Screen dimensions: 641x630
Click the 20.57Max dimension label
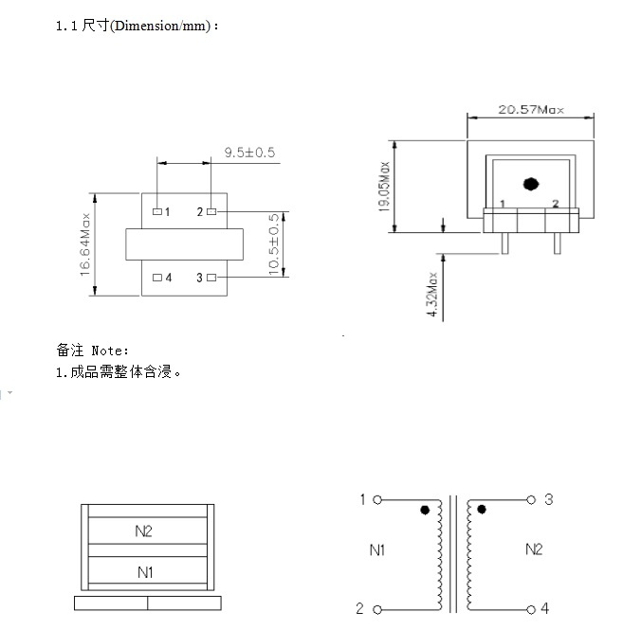click(x=531, y=110)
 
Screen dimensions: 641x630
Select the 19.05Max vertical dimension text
click(x=384, y=187)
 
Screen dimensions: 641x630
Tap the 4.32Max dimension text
click(x=431, y=295)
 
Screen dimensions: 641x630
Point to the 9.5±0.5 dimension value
click(x=249, y=153)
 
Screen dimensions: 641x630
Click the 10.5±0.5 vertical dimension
click(x=273, y=243)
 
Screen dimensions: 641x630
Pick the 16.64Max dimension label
click(x=84, y=244)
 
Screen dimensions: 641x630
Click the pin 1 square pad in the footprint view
click(x=157, y=211)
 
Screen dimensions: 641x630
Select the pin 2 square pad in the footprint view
click(x=211, y=211)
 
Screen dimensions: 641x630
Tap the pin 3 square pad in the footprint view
click(x=211, y=278)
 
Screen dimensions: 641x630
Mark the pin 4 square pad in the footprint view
click(x=157, y=278)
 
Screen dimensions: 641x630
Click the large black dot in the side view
click(x=531, y=184)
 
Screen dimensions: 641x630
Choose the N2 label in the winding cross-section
click(x=143, y=531)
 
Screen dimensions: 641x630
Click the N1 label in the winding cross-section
click(x=145, y=572)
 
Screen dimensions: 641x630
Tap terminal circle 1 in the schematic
click(x=377, y=499)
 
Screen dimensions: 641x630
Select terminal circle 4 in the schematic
click(x=531, y=610)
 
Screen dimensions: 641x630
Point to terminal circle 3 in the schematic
click(x=531, y=499)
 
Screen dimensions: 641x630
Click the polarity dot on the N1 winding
click(x=425, y=510)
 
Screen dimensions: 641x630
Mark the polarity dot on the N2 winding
click(x=482, y=509)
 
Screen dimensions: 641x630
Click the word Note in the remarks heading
click(x=108, y=351)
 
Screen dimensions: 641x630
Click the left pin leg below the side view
click(x=504, y=243)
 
